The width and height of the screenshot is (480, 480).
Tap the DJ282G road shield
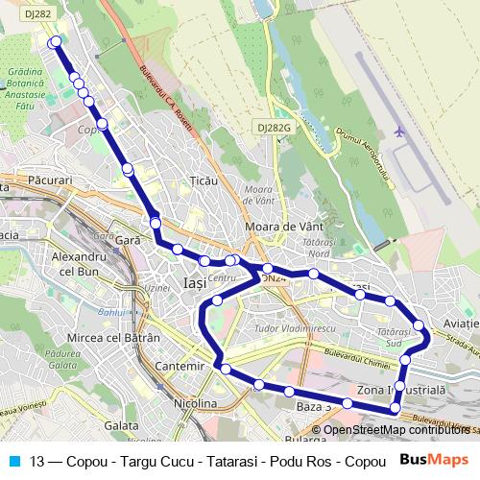273,127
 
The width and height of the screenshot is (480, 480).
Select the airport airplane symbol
400,131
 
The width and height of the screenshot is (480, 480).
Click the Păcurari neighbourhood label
51,180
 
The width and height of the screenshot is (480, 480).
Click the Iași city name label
194,283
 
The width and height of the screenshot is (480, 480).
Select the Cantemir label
179,367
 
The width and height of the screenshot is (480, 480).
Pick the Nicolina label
195,404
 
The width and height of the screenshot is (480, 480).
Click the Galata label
122,424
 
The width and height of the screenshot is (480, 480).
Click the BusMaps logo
434,460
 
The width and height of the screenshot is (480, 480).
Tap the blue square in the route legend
13,460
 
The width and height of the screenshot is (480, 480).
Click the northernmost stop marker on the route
55,41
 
